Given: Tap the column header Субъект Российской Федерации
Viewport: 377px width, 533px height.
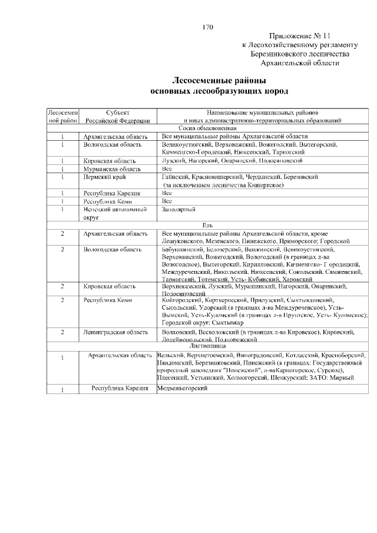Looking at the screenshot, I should click(118, 115).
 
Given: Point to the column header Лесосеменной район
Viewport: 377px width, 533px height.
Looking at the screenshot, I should click(62, 115).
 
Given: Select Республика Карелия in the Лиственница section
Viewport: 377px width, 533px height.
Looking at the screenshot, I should click(118, 389).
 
